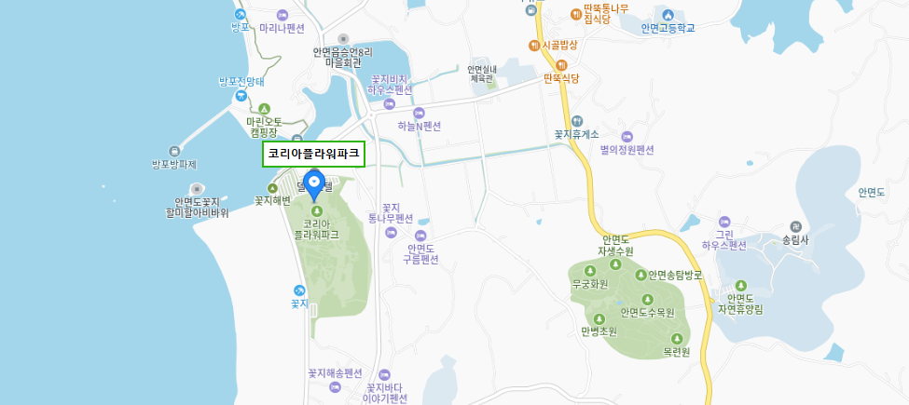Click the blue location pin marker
click(x=315, y=184)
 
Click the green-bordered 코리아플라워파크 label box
click(x=313, y=154)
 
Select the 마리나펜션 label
click(x=282, y=28)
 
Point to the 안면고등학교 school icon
click(x=668, y=14)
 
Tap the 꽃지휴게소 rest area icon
click(x=577, y=120)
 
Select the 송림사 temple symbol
click(x=795, y=226)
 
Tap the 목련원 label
click(x=676, y=352)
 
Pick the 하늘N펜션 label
click(x=419, y=126)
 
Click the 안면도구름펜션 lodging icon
click(x=420, y=236)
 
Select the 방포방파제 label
click(x=174, y=165)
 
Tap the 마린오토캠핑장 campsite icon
click(x=263, y=109)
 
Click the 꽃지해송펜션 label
click(x=335, y=372)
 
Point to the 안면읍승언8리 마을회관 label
click(x=342, y=58)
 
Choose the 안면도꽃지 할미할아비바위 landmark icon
click(x=197, y=189)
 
